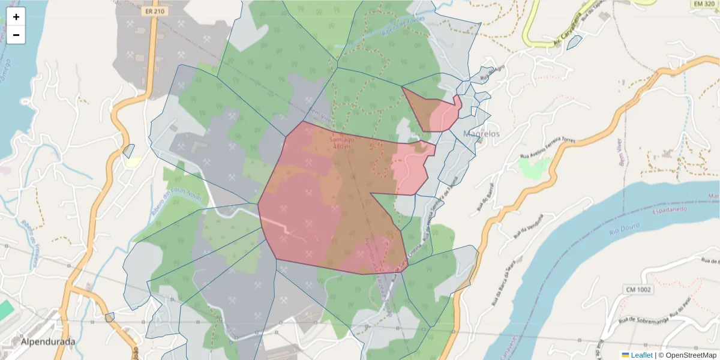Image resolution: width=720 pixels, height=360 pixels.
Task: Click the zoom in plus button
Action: [16, 17]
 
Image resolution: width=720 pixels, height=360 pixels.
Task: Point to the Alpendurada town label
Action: [48, 342]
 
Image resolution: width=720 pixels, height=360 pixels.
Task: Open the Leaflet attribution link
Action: [641, 355]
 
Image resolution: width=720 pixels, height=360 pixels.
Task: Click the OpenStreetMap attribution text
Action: [687, 355]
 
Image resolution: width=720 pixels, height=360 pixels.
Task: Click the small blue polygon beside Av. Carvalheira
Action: [574, 42]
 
